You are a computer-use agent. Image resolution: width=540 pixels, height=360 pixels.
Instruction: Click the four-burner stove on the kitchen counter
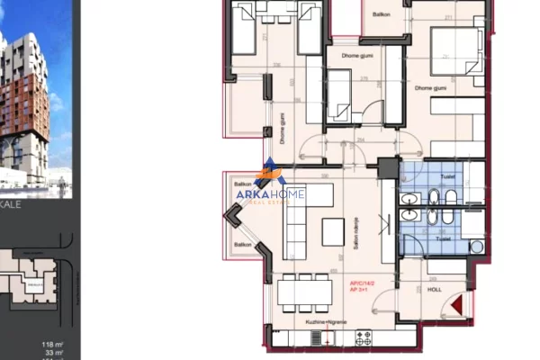(x=364, y=337)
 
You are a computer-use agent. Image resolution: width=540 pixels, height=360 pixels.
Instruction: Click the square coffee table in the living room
(x=332, y=233)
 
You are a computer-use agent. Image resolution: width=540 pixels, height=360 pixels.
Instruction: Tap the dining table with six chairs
(x=304, y=292)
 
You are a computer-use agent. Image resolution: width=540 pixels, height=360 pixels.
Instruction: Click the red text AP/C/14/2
(x=364, y=283)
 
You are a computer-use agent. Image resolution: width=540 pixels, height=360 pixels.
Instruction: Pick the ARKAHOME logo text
(x=270, y=193)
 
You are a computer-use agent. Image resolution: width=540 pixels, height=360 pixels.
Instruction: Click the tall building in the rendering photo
(x=25, y=99)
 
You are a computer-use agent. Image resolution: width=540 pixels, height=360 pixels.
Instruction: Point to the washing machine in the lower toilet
(x=476, y=246)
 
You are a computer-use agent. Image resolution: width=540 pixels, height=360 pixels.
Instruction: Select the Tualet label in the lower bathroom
(x=442, y=240)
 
